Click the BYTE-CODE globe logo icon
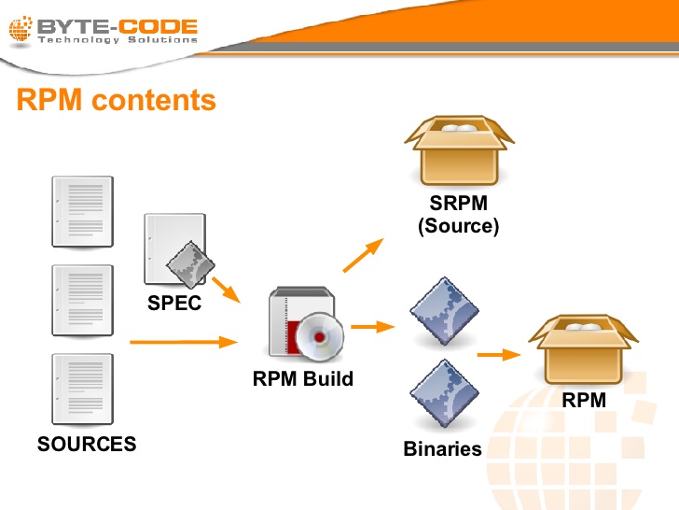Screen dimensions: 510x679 (x=21, y=32)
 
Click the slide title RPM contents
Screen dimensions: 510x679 (x=116, y=100)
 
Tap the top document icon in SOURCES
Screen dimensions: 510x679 (x=83, y=211)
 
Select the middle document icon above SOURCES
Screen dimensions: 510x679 (x=83, y=300)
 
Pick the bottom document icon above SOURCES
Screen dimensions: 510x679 (x=83, y=389)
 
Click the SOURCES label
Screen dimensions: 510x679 (x=87, y=444)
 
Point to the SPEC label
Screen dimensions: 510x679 (x=175, y=304)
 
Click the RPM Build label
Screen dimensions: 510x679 (x=303, y=379)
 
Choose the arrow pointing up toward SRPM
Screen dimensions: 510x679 (x=363, y=255)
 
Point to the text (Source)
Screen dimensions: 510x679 (x=459, y=226)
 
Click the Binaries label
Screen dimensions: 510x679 (x=443, y=449)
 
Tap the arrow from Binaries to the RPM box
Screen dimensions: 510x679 (x=497, y=355)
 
